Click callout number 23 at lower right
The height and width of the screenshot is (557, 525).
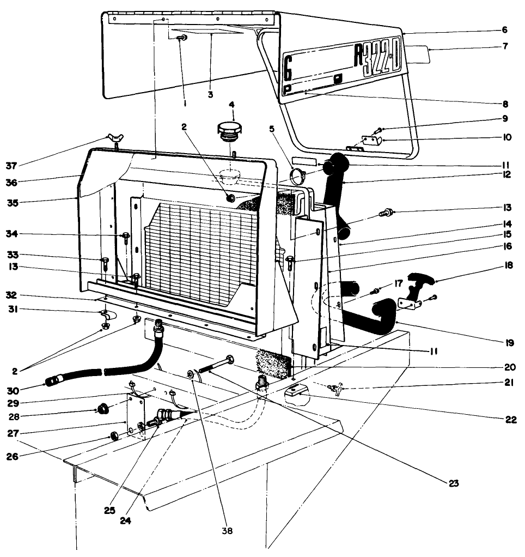454,482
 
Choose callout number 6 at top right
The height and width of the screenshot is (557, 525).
504,30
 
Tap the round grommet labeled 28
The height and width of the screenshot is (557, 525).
101,409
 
